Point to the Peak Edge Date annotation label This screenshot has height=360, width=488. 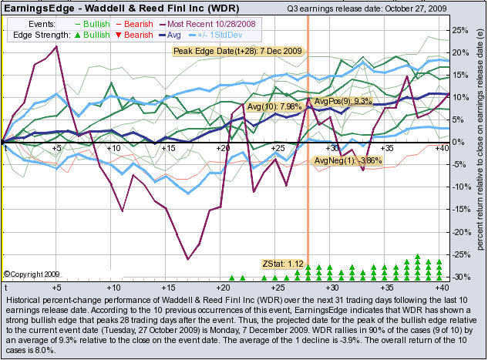pyautogui.click(x=237, y=51)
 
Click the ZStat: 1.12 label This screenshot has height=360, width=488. pyautogui.click(x=284, y=264)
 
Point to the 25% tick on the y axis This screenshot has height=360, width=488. pyautogui.click(x=459, y=30)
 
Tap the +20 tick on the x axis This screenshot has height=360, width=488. pyautogui.click(x=224, y=146)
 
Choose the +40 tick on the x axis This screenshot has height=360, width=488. pyautogui.click(x=441, y=146)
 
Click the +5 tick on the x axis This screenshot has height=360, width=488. pyautogui.click(x=57, y=146)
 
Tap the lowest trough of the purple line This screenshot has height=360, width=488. pyautogui.click(x=187, y=259)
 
